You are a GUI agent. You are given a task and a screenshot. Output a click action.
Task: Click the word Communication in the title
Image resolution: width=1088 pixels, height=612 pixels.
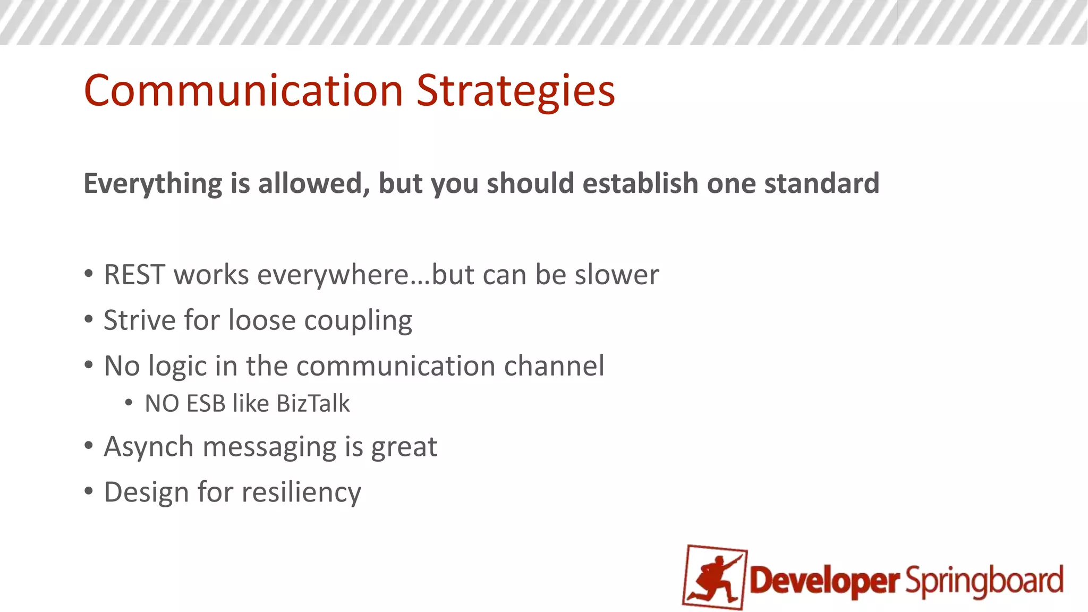[243, 91]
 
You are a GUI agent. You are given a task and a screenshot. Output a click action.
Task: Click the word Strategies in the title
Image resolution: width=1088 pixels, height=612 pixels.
[515, 91]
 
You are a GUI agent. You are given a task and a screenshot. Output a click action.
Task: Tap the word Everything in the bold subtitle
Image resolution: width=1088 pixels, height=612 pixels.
[153, 184]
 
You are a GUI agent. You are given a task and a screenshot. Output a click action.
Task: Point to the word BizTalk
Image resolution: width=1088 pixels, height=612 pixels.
[313, 404]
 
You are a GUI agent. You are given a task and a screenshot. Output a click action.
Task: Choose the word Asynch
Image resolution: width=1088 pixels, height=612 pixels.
[148, 447]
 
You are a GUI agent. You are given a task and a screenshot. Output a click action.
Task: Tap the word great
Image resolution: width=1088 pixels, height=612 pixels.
[404, 447]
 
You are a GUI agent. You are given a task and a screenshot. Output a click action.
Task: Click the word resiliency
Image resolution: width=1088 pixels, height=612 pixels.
[301, 493]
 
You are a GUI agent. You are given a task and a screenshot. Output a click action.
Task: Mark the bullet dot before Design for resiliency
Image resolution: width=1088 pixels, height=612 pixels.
[89, 491]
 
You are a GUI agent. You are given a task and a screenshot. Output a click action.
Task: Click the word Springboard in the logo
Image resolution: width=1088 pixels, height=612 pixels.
[984, 581]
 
